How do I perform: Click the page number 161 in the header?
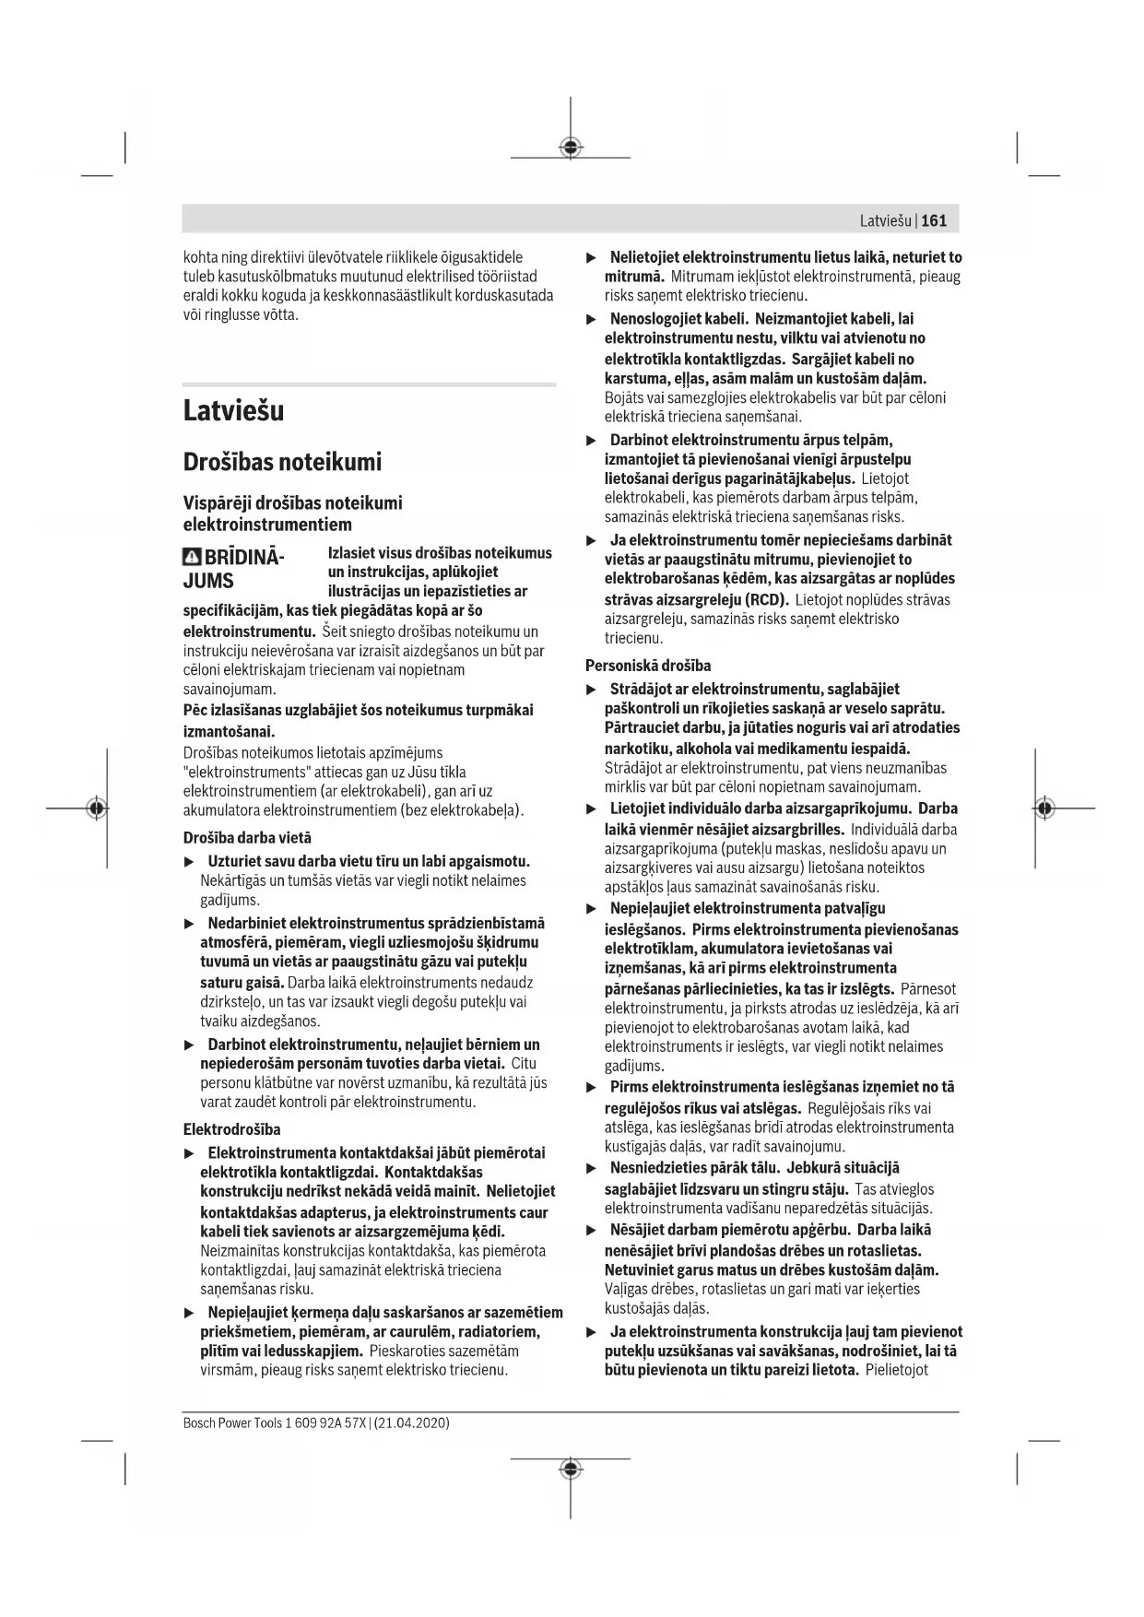tap(934, 220)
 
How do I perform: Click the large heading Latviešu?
tap(233, 411)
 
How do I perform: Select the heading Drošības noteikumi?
tap(282, 462)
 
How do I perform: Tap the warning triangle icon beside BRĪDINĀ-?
tap(192, 558)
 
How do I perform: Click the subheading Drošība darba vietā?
tap(247, 838)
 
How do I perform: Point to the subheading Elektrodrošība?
tap(231, 1129)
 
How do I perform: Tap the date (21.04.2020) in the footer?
tap(412, 1422)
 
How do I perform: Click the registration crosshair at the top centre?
tap(571, 148)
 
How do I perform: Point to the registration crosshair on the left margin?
tap(96, 808)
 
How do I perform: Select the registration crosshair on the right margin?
tap(1044, 808)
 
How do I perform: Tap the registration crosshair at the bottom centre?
tap(571, 1468)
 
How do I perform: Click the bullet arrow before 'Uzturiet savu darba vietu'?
tap(190, 862)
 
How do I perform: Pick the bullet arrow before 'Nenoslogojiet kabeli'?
tap(592, 319)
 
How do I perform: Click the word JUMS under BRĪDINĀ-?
tap(208, 582)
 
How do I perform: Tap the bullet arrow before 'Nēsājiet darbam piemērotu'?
tap(592, 1230)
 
